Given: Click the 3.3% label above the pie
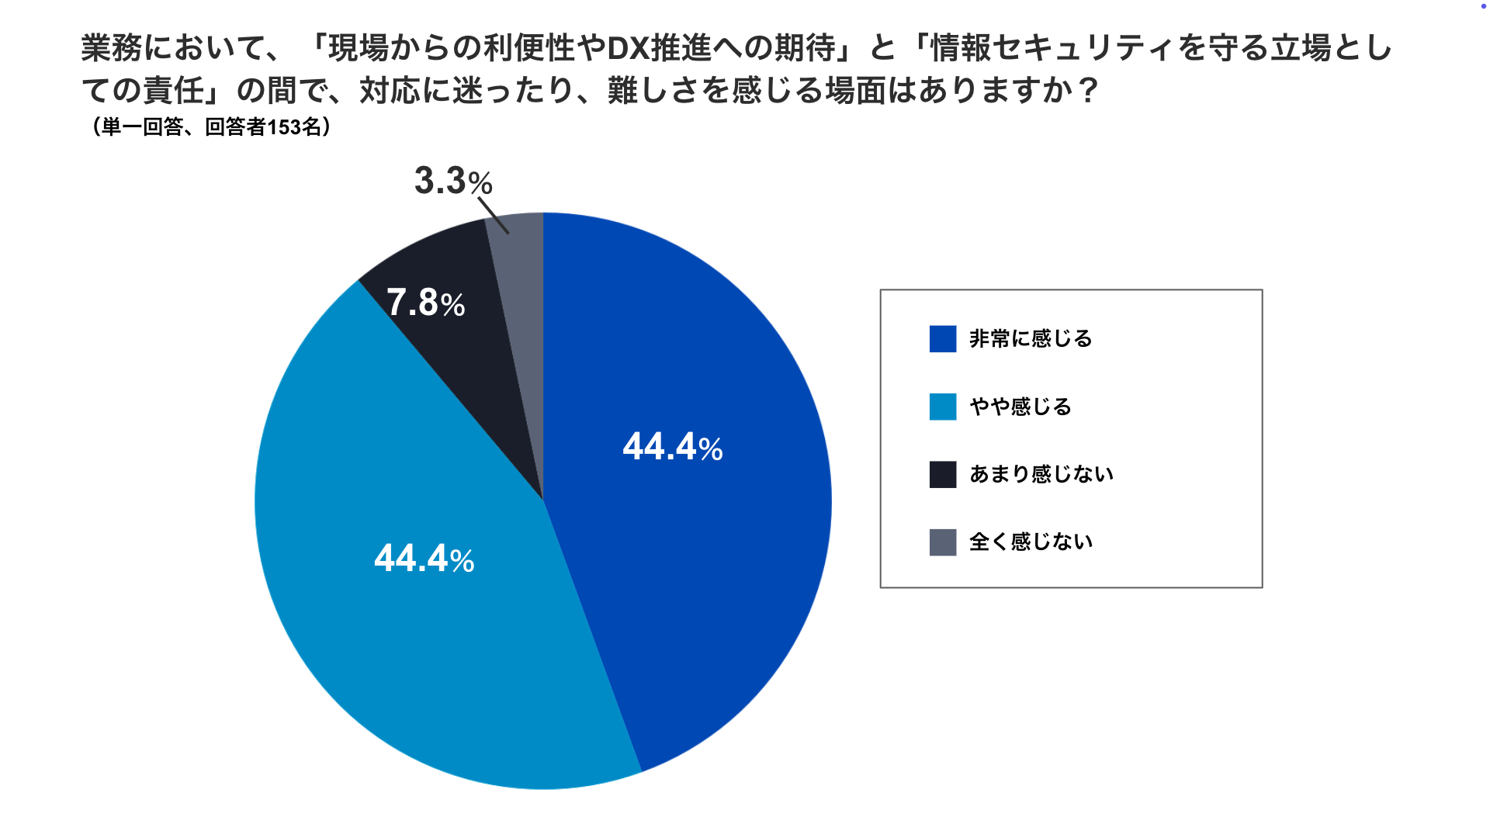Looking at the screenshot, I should coord(453,182).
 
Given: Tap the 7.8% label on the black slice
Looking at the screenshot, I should coord(425,303).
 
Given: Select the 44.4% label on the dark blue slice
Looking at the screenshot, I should coord(672,448).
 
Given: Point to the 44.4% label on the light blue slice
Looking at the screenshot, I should coord(424,559).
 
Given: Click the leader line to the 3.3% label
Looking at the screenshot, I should coord(493,215).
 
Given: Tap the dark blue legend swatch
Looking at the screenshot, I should coord(943,339).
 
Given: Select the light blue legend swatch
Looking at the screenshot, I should coord(943,407).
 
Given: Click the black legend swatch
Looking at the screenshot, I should coord(943,474).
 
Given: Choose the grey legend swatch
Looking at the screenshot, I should coord(943,542).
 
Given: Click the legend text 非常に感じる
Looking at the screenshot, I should coord(1031,339).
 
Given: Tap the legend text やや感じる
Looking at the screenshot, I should coord(1020,407).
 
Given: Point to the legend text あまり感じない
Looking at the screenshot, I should coord(1041,474).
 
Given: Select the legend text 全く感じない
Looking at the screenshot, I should coord(1031,542).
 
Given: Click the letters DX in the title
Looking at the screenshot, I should coord(627,49).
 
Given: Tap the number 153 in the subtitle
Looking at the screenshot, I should coord(284,127).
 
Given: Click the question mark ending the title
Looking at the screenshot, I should coord(1089,92).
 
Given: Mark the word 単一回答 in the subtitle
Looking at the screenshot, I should coord(142,127).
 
